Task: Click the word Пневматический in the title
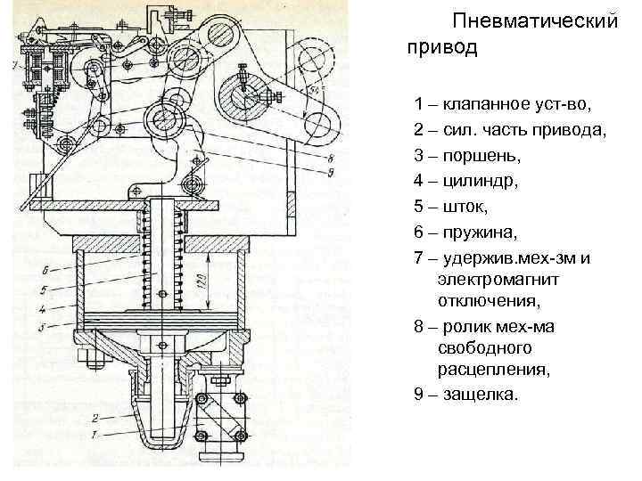pyautogui.click(x=534, y=20)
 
